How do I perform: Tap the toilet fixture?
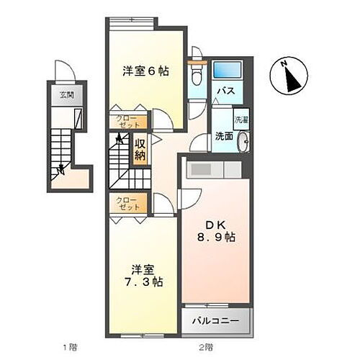[x=194, y=75]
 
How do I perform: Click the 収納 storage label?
[x=140, y=148]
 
